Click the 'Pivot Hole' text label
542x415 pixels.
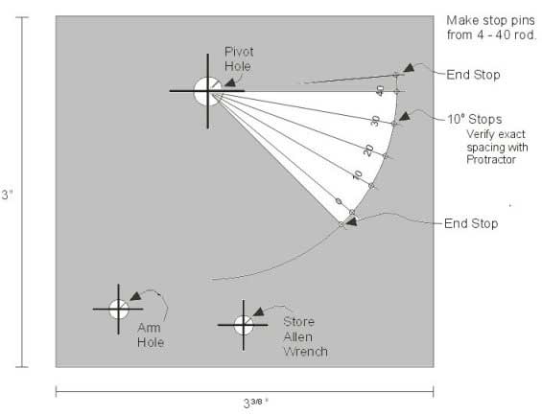(x=239, y=59)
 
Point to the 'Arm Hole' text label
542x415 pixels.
(x=151, y=334)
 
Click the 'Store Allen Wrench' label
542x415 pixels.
(x=305, y=336)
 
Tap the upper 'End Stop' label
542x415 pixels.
(x=473, y=75)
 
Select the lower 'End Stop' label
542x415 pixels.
(x=471, y=223)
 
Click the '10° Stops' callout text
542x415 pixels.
(x=475, y=120)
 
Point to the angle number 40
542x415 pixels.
(x=380, y=91)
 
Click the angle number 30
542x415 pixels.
(x=375, y=121)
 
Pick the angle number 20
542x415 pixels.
(x=368, y=150)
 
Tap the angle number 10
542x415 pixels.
(x=358, y=174)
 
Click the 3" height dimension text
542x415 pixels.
(x=8, y=195)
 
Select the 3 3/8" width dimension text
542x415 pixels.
(x=256, y=403)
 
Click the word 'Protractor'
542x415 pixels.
(x=491, y=159)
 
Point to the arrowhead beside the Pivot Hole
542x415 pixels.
(x=230, y=81)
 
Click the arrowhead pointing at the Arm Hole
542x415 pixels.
(x=135, y=296)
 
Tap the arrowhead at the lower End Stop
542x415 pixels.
(x=351, y=221)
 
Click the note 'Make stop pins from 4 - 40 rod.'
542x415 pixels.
(x=491, y=28)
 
